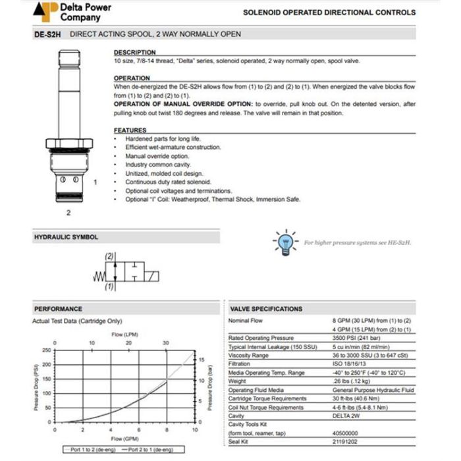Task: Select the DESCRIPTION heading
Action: [134, 52]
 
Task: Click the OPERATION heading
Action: [132, 78]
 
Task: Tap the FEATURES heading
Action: [130, 130]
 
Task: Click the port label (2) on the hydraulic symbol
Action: [110, 256]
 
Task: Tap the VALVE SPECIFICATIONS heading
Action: [266, 308]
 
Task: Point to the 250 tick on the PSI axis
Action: [46, 350]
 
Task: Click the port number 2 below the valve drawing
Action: [68, 213]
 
